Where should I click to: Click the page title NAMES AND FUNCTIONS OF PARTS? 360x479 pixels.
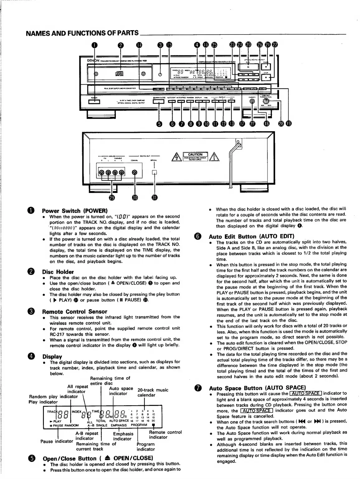click(82, 33)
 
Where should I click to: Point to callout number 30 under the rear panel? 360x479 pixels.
click(135, 198)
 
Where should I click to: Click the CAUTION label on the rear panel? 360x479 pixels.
click(195, 155)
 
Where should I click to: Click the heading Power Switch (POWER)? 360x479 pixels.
click(74, 210)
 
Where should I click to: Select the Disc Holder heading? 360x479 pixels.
click(58, 272)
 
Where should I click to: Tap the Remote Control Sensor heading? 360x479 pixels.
click(74, 312)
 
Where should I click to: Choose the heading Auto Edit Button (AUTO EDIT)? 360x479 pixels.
click(251, 236)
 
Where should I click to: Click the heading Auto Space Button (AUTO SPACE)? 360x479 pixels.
click(257, 388)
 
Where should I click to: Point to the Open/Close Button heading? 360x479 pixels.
click(97, 458)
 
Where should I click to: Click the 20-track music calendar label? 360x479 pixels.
click(153, 392)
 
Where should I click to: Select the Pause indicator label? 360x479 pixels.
click(57, 441)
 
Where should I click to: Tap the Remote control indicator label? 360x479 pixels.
click(165, 434)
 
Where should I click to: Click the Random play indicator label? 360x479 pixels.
click(53, 397)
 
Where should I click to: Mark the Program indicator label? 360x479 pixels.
click(145, 447)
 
